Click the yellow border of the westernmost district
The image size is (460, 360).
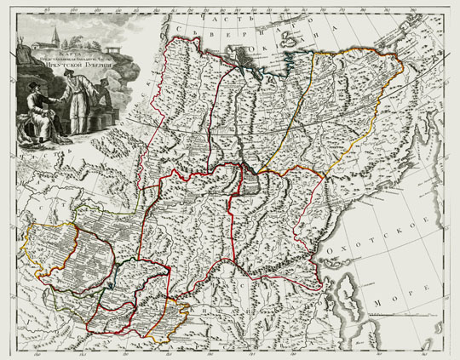pyautogui.click(x=31, y=247)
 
